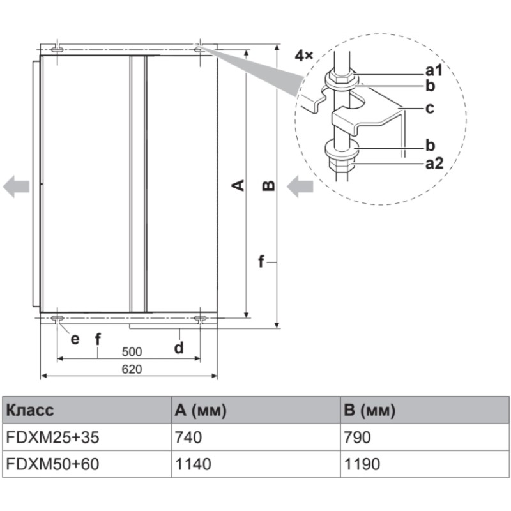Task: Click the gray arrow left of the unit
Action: click(x=16, y=187)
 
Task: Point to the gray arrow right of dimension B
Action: click(x=300, y=187)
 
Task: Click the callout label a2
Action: click(x=434, y=164)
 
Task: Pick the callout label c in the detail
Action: click(x=429, y=108)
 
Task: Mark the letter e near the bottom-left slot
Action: click(x=75, y=339)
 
